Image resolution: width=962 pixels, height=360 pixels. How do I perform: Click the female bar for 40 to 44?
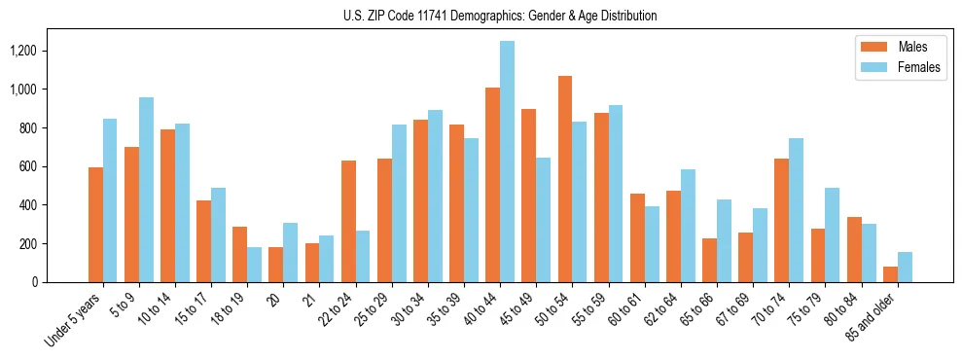coord(507,162)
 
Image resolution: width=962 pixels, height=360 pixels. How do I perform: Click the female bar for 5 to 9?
coord(146,190)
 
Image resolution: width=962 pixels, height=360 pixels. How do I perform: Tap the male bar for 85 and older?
coord(889,274)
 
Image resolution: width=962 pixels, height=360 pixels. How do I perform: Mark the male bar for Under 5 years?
coord(95,225)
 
